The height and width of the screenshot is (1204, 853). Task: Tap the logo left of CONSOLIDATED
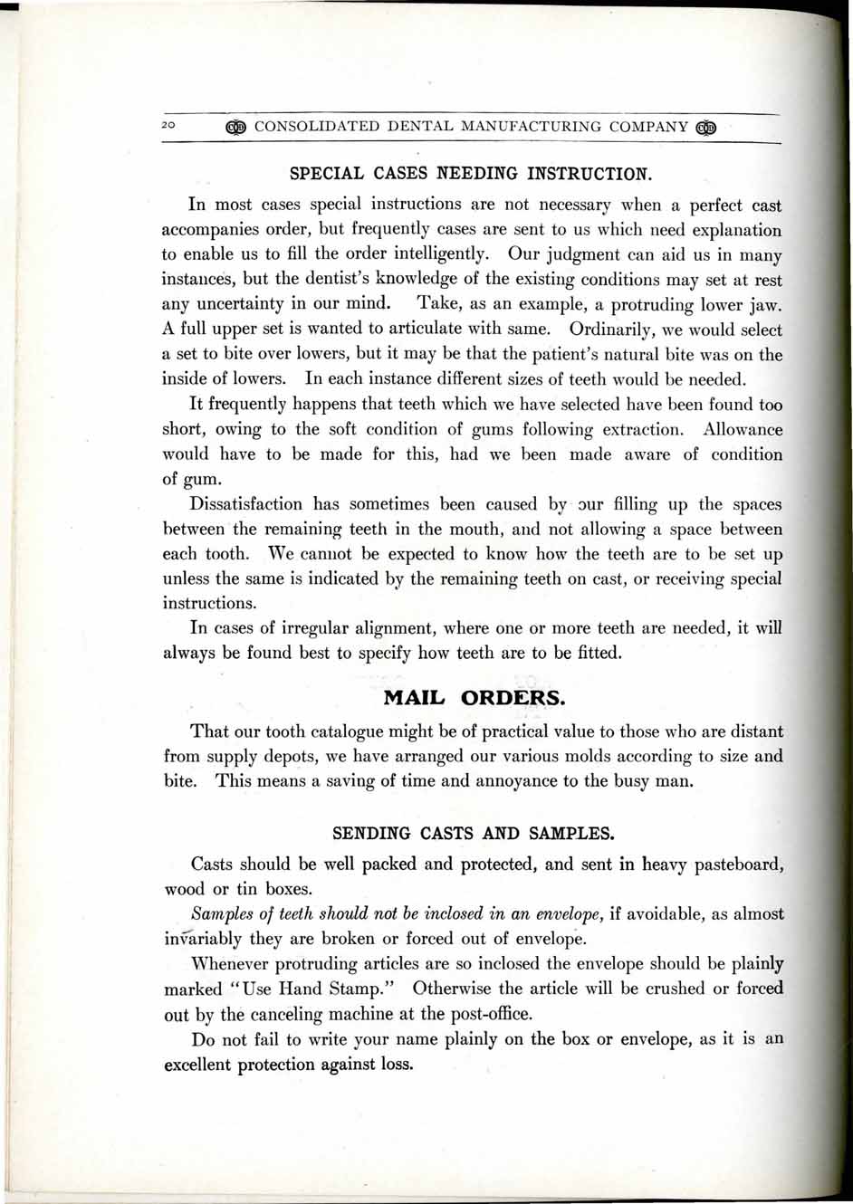[x=237, y=127]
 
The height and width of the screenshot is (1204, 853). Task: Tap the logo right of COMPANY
[x=706, y=127]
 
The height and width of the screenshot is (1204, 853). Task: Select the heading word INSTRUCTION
[x=589, y=173]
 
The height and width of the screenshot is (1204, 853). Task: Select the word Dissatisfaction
[x=246, y=504]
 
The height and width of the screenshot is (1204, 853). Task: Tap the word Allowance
[x=743, y=429]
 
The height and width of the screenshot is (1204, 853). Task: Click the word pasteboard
[x=727, y=865]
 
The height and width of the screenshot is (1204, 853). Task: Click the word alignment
[x=405, y=628]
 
